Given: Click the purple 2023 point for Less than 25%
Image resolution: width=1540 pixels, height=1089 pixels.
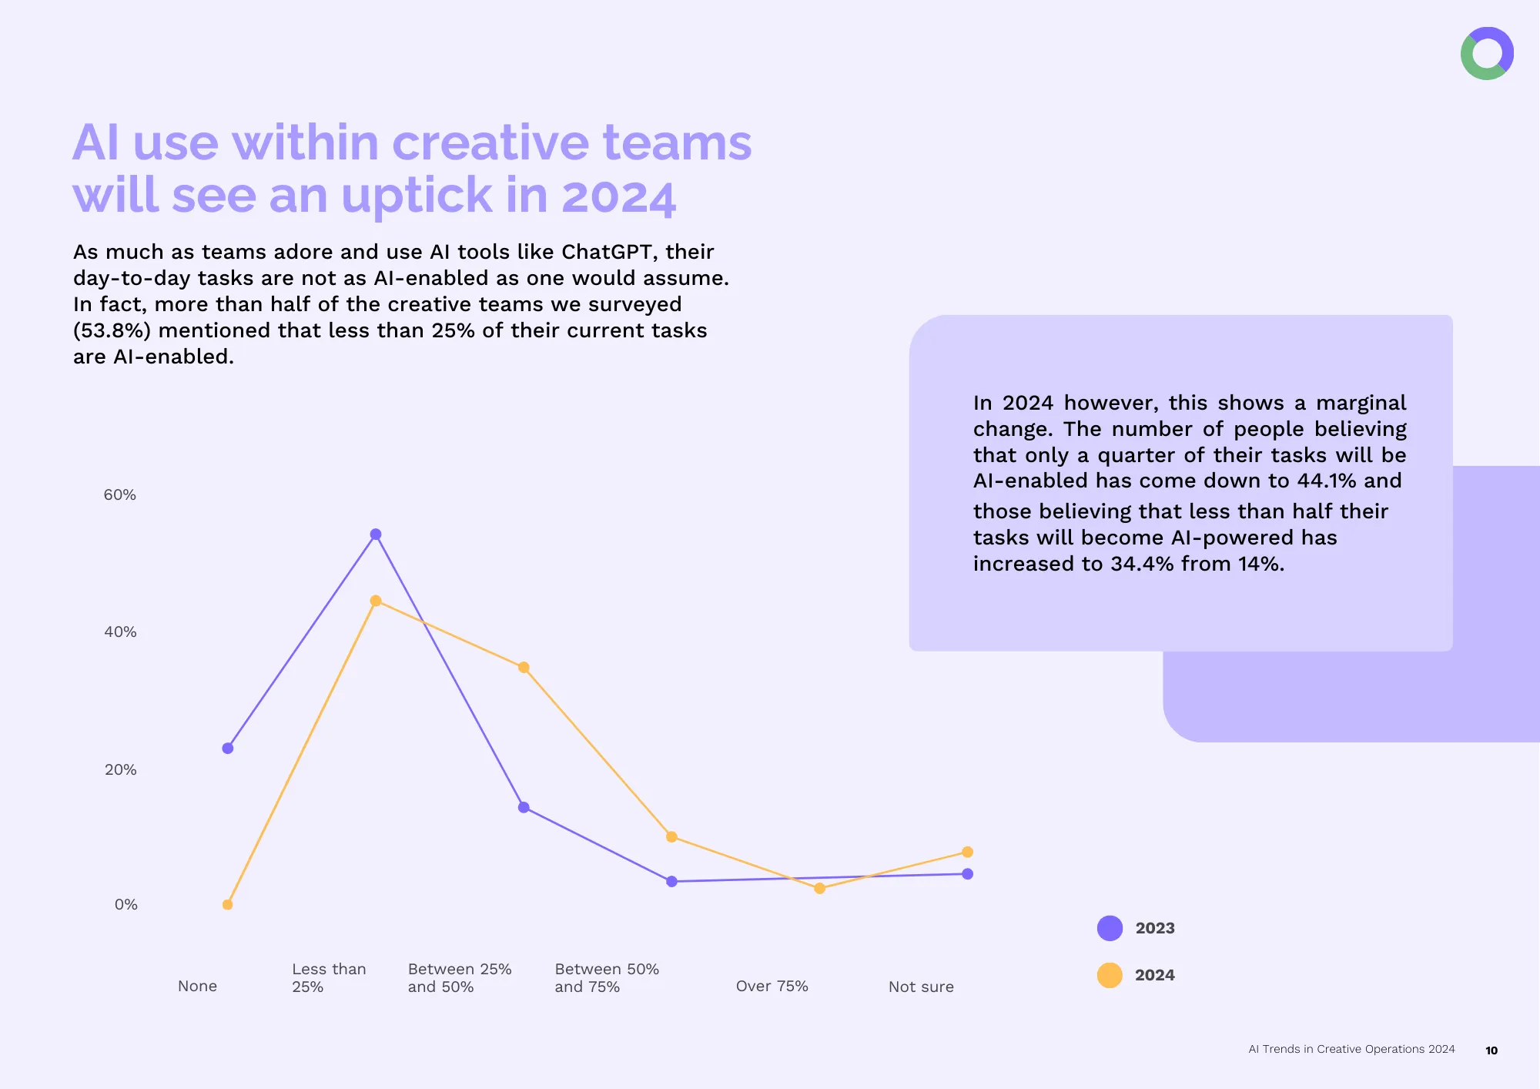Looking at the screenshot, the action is coord(376,534).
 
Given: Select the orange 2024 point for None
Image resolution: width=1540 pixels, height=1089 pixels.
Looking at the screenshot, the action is coord(227,905).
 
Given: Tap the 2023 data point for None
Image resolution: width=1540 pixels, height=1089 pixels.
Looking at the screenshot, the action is coord(228,749).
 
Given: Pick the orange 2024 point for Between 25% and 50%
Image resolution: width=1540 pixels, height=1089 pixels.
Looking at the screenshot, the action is coord(524,668).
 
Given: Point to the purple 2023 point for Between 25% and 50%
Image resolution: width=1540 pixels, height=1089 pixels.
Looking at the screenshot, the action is coord(524,807).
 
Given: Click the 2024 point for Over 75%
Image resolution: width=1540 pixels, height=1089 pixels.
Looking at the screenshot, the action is coord(819,889).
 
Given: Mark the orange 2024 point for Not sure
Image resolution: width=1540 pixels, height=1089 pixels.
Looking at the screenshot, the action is coord(968,852).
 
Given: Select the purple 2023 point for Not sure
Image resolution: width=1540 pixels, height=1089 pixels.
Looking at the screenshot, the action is coord(968,874).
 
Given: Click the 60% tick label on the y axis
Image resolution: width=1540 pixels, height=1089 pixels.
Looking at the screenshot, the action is coord(120,494).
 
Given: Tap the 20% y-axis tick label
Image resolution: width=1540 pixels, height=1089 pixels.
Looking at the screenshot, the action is coord(121,769).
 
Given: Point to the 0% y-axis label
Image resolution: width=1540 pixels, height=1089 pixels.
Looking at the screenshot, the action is coord(126,904).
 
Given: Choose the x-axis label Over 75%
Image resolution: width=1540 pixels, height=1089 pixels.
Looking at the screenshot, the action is coord(772,986).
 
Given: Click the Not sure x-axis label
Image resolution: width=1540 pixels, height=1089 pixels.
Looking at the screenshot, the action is coord(921,987).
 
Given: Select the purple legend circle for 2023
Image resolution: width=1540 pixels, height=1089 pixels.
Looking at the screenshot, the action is coord(1110,928).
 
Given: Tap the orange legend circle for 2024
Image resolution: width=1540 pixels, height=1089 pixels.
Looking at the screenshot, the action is coord(1110,975).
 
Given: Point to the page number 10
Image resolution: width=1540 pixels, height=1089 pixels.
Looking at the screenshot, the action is coord(1491,1050).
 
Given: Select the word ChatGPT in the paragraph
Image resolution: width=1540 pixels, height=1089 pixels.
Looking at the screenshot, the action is coord(607,252).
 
